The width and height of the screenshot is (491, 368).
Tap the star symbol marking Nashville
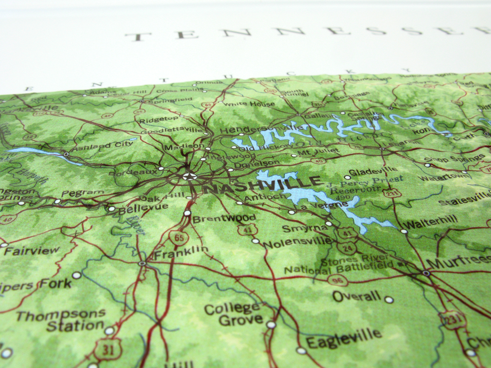(190, 176)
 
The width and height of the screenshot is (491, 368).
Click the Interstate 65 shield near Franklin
(178, 237)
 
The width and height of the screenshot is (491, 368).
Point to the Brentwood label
(224, 218)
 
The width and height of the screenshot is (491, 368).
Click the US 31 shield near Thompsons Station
(108, 349)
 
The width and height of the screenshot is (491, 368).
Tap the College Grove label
(234, 313)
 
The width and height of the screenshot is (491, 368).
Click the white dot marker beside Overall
(389, 299)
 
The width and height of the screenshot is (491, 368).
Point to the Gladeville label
(373, 171)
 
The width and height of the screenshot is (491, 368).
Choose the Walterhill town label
(430, 222)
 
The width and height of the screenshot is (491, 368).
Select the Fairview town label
(32, 251)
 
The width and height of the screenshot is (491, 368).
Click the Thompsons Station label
(61, 320)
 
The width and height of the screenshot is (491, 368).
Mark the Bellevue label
(143, 208)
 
